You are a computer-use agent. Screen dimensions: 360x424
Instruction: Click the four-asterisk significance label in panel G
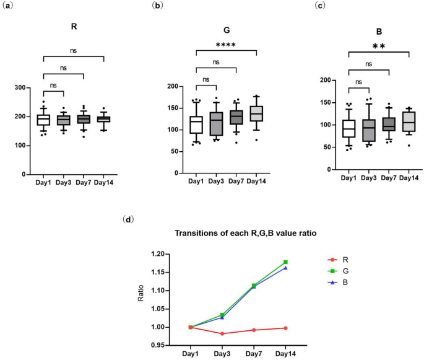pos(226,45)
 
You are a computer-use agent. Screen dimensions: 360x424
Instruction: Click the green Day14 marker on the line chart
pos(286,262)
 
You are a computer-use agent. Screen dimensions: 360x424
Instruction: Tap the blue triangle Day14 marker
pos(286,268)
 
